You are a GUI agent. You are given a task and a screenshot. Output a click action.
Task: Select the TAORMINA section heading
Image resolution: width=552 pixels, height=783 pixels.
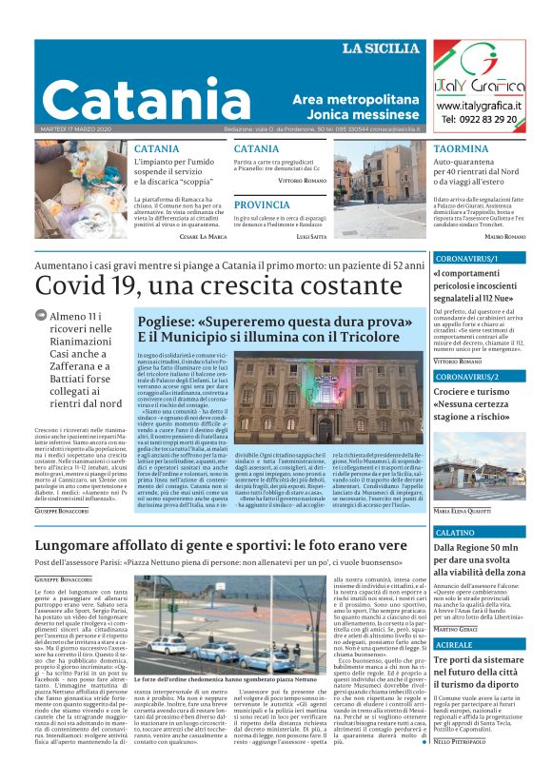pyautogui.click(x=461, y=149)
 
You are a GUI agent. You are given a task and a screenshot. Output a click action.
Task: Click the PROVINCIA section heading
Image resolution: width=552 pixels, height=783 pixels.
pyautogui.click(x=262, y=205)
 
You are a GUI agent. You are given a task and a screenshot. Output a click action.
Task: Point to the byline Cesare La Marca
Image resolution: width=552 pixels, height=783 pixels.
pyautogui.click(x=203, y=236)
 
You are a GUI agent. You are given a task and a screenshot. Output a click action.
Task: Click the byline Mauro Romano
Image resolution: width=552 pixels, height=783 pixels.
pyautogui.click(x=505, y=236)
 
